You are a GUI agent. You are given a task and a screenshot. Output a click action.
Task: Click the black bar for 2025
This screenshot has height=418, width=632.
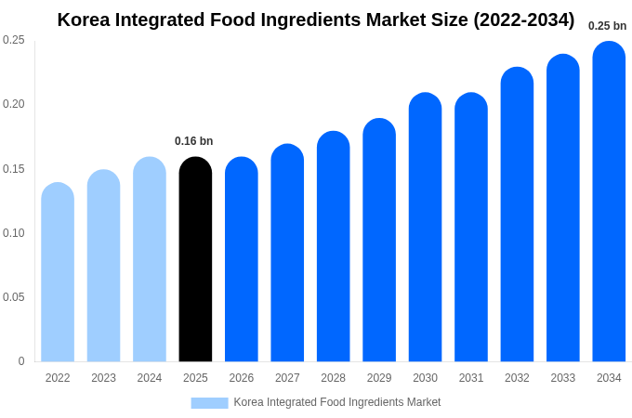[x=195, y=260]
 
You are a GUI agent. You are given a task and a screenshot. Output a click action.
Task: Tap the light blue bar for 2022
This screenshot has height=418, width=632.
[x=58, y=273]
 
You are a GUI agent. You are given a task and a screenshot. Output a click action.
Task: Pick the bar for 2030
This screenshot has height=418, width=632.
[x=425, y=229]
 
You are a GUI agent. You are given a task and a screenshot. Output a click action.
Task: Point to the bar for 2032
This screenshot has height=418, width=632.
[x=517, y=216]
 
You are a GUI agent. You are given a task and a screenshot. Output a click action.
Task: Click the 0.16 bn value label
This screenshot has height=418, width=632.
[x=193, y=141]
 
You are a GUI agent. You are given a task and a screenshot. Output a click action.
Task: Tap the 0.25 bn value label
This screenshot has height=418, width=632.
[x=607, y=26]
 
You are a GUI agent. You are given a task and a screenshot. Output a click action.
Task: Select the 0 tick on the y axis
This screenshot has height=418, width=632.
[x=21, y=361]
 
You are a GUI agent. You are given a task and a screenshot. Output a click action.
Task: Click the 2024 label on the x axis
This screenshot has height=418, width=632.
[x=150, y=378]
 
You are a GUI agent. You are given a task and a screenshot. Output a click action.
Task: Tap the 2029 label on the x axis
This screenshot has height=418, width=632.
[x=379, y=378]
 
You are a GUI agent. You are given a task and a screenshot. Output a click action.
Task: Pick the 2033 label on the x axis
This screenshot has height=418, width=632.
[x=562, y=378]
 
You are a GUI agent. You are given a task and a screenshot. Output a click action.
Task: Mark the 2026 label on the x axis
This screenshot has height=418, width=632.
[x=242, y=378]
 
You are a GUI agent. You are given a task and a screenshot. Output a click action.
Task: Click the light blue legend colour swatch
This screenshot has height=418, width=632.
[x=209, y=402]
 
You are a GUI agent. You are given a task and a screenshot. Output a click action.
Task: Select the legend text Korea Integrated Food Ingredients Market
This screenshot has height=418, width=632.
[x=337, y=402]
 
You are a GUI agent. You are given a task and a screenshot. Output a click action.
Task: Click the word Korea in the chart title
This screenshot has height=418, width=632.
[x=86, y=20]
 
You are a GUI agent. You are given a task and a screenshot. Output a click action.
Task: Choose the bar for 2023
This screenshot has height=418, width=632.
[x=103, y=267]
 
